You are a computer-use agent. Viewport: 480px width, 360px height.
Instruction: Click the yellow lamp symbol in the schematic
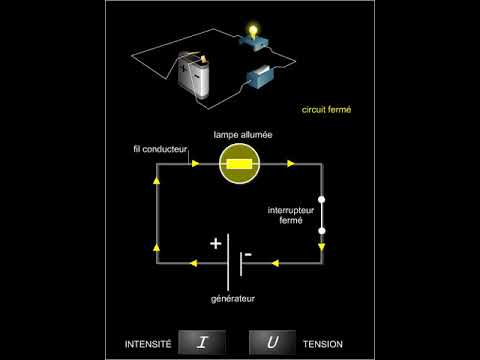(x=239, y=163)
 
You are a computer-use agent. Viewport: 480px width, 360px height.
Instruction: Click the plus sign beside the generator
(x=215, y=243)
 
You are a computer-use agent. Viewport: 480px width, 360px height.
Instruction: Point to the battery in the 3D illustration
(x=194, y=77)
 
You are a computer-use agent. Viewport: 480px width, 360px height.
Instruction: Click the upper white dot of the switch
(x=321, y=198)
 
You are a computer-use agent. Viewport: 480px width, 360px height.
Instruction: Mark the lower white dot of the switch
(x=321, y=230)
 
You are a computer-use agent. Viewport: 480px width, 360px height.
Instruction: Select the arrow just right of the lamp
(x=291, y=163)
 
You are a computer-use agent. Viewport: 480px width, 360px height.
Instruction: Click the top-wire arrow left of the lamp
(x=192, y=163)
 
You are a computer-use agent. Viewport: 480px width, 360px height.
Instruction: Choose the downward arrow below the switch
(x=321, y=244)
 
